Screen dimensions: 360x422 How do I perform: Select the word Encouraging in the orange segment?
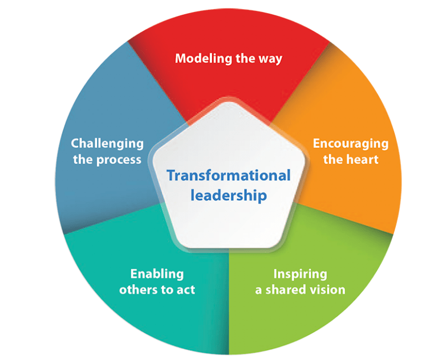[x=350, y=143]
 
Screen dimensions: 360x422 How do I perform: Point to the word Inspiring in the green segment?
[x=300, y=273]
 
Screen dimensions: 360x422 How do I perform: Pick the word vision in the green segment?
[x=326, y=289]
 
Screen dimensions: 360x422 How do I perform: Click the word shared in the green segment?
[x=284, y=289]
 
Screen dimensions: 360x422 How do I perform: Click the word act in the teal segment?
[x=185, y=289]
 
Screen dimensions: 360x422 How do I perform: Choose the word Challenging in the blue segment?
[x=107, y=143]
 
